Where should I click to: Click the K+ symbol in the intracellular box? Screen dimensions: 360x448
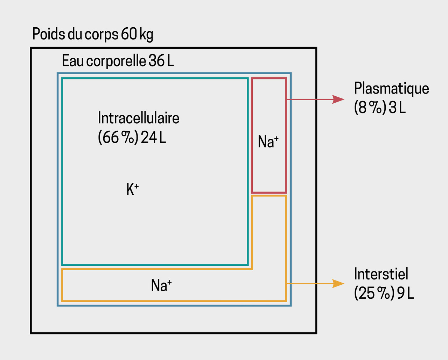click(132, 190)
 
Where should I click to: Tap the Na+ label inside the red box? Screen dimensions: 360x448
click(268, 142)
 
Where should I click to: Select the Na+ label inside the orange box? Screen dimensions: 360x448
click(161, 285)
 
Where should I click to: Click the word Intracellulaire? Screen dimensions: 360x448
click(139, 118)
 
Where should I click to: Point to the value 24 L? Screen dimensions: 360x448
click(153, 138)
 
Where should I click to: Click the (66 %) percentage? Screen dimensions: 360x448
click(118, 138)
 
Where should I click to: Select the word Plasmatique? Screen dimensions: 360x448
click(391, 88)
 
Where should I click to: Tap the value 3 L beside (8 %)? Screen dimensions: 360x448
click(397, 108)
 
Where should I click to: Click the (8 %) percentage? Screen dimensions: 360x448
click(370, 108)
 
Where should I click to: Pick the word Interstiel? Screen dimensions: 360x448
click(381, 274)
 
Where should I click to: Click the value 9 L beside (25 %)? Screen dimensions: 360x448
click(405, 293)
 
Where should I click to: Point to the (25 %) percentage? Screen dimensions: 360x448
click(374, 293)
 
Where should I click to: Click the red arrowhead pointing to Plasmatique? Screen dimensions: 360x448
click(338, 99)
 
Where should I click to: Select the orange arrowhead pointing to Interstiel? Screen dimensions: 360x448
click(338, 283)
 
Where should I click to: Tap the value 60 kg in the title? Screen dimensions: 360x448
click(137, 34)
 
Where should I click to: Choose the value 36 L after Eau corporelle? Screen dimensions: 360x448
click(161, 61)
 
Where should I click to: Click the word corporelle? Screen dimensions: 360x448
click(116, 61)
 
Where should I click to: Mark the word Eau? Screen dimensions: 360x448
click(73, 61)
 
